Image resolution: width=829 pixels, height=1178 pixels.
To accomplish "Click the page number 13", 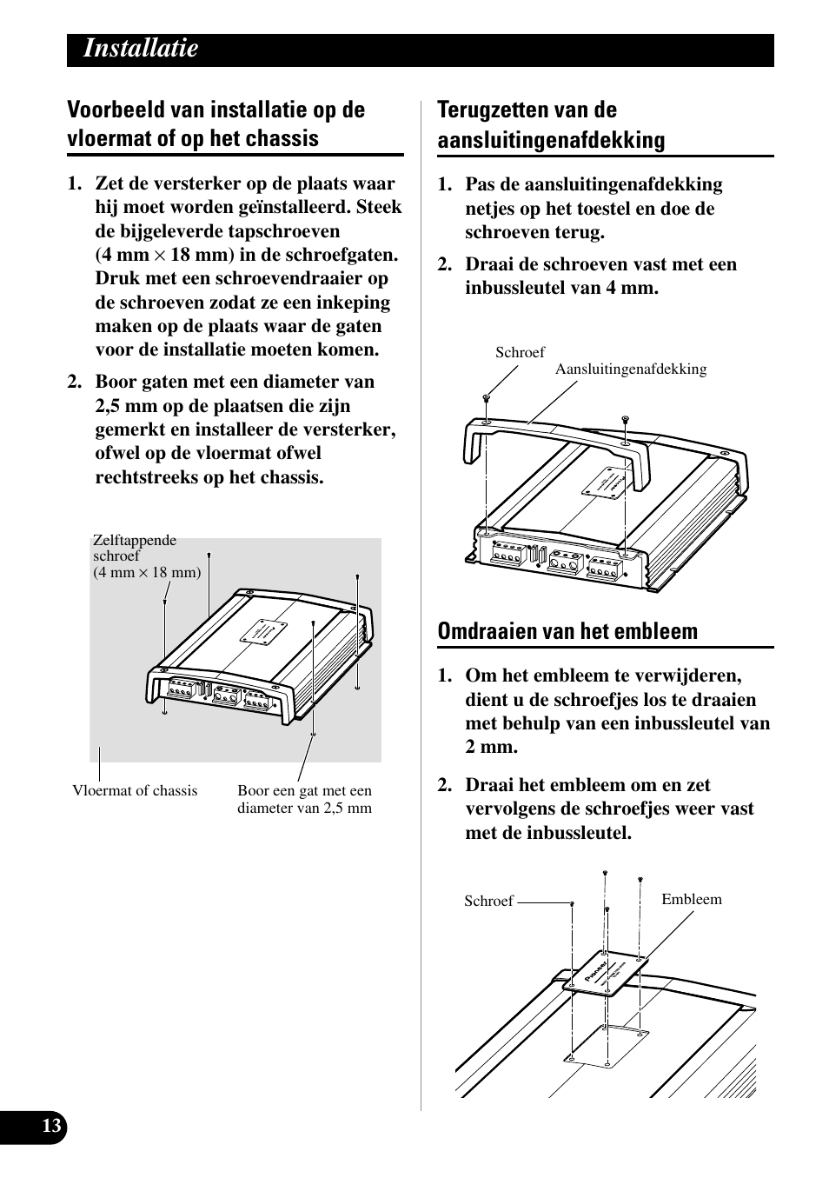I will point(51,1127).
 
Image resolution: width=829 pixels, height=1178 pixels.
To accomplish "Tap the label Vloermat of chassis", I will point(135,791).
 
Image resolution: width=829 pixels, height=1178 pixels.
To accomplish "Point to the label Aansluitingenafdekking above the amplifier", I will point(631,369).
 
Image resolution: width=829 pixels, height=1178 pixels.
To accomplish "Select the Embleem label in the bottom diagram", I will point(692,900).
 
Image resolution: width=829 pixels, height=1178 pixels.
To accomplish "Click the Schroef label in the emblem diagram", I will point(488,902).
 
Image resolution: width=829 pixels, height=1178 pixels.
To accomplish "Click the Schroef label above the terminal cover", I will point(520,352).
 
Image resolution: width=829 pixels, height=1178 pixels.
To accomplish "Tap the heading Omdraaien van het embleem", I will point(567,632).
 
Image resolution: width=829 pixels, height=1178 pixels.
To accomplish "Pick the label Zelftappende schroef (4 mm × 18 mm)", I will point(146,556).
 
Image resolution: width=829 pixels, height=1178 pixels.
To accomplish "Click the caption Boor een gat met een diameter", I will point(304,799).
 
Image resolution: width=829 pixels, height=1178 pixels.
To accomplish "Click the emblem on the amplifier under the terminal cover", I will point(603,483).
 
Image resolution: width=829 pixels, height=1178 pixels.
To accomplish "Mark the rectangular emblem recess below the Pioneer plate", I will point(608,1044).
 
